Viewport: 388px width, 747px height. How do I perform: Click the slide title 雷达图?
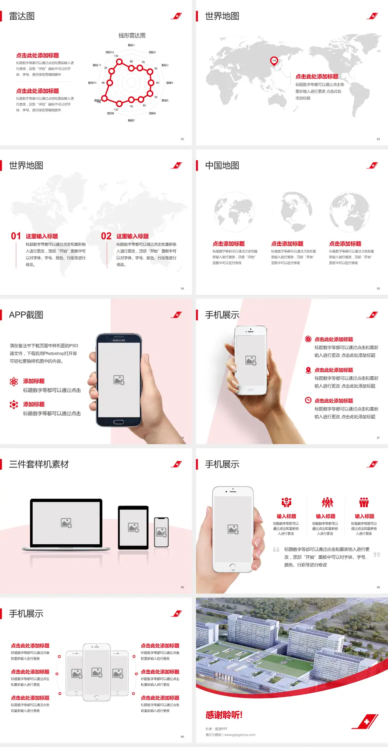pos(22,16)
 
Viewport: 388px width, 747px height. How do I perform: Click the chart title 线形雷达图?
pos(132,36)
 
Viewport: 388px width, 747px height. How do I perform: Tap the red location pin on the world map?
pos(274,61)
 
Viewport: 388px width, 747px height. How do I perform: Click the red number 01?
pos(16,236)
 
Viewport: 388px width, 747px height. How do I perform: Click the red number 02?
pos(106,236)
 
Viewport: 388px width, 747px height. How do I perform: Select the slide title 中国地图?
pos(222,166)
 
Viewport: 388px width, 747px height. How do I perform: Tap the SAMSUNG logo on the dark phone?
pos(119,340)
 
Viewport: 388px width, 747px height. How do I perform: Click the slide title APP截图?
pos(26,315)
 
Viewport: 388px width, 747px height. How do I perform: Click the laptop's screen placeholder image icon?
pos(66,523)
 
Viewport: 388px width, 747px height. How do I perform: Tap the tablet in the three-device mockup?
pos(133,527)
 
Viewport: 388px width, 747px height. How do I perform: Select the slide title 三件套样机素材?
pos(39,464)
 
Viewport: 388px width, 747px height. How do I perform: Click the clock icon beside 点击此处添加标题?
pos(308,400)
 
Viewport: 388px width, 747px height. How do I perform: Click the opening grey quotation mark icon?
pos(276,549)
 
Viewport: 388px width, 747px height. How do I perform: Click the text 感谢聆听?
pos(224,715)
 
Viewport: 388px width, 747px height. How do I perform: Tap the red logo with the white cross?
pos(366,722)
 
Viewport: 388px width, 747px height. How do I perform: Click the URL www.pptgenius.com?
pos(240,735)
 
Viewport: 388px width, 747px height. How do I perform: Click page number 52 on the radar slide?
pos(182,139)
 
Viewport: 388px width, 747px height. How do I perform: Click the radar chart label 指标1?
pos(131,45)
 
